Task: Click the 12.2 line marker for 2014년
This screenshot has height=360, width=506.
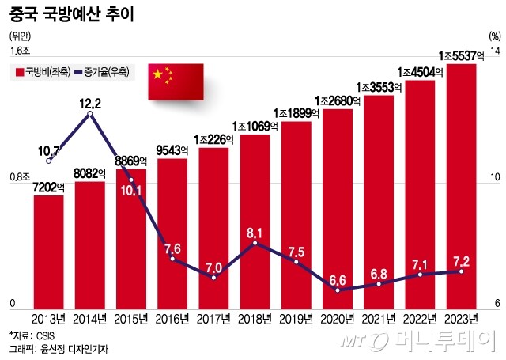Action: (x=89, y=115)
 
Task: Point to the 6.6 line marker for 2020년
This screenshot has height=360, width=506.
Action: (x=338, y=290)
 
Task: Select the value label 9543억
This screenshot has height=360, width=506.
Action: (x=172, y=150)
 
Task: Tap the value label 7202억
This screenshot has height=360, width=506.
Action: (x=48, y=187)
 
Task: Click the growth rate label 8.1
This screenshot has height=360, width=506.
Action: (x=255, y=233)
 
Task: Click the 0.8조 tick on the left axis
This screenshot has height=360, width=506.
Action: (x=19, y=178)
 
